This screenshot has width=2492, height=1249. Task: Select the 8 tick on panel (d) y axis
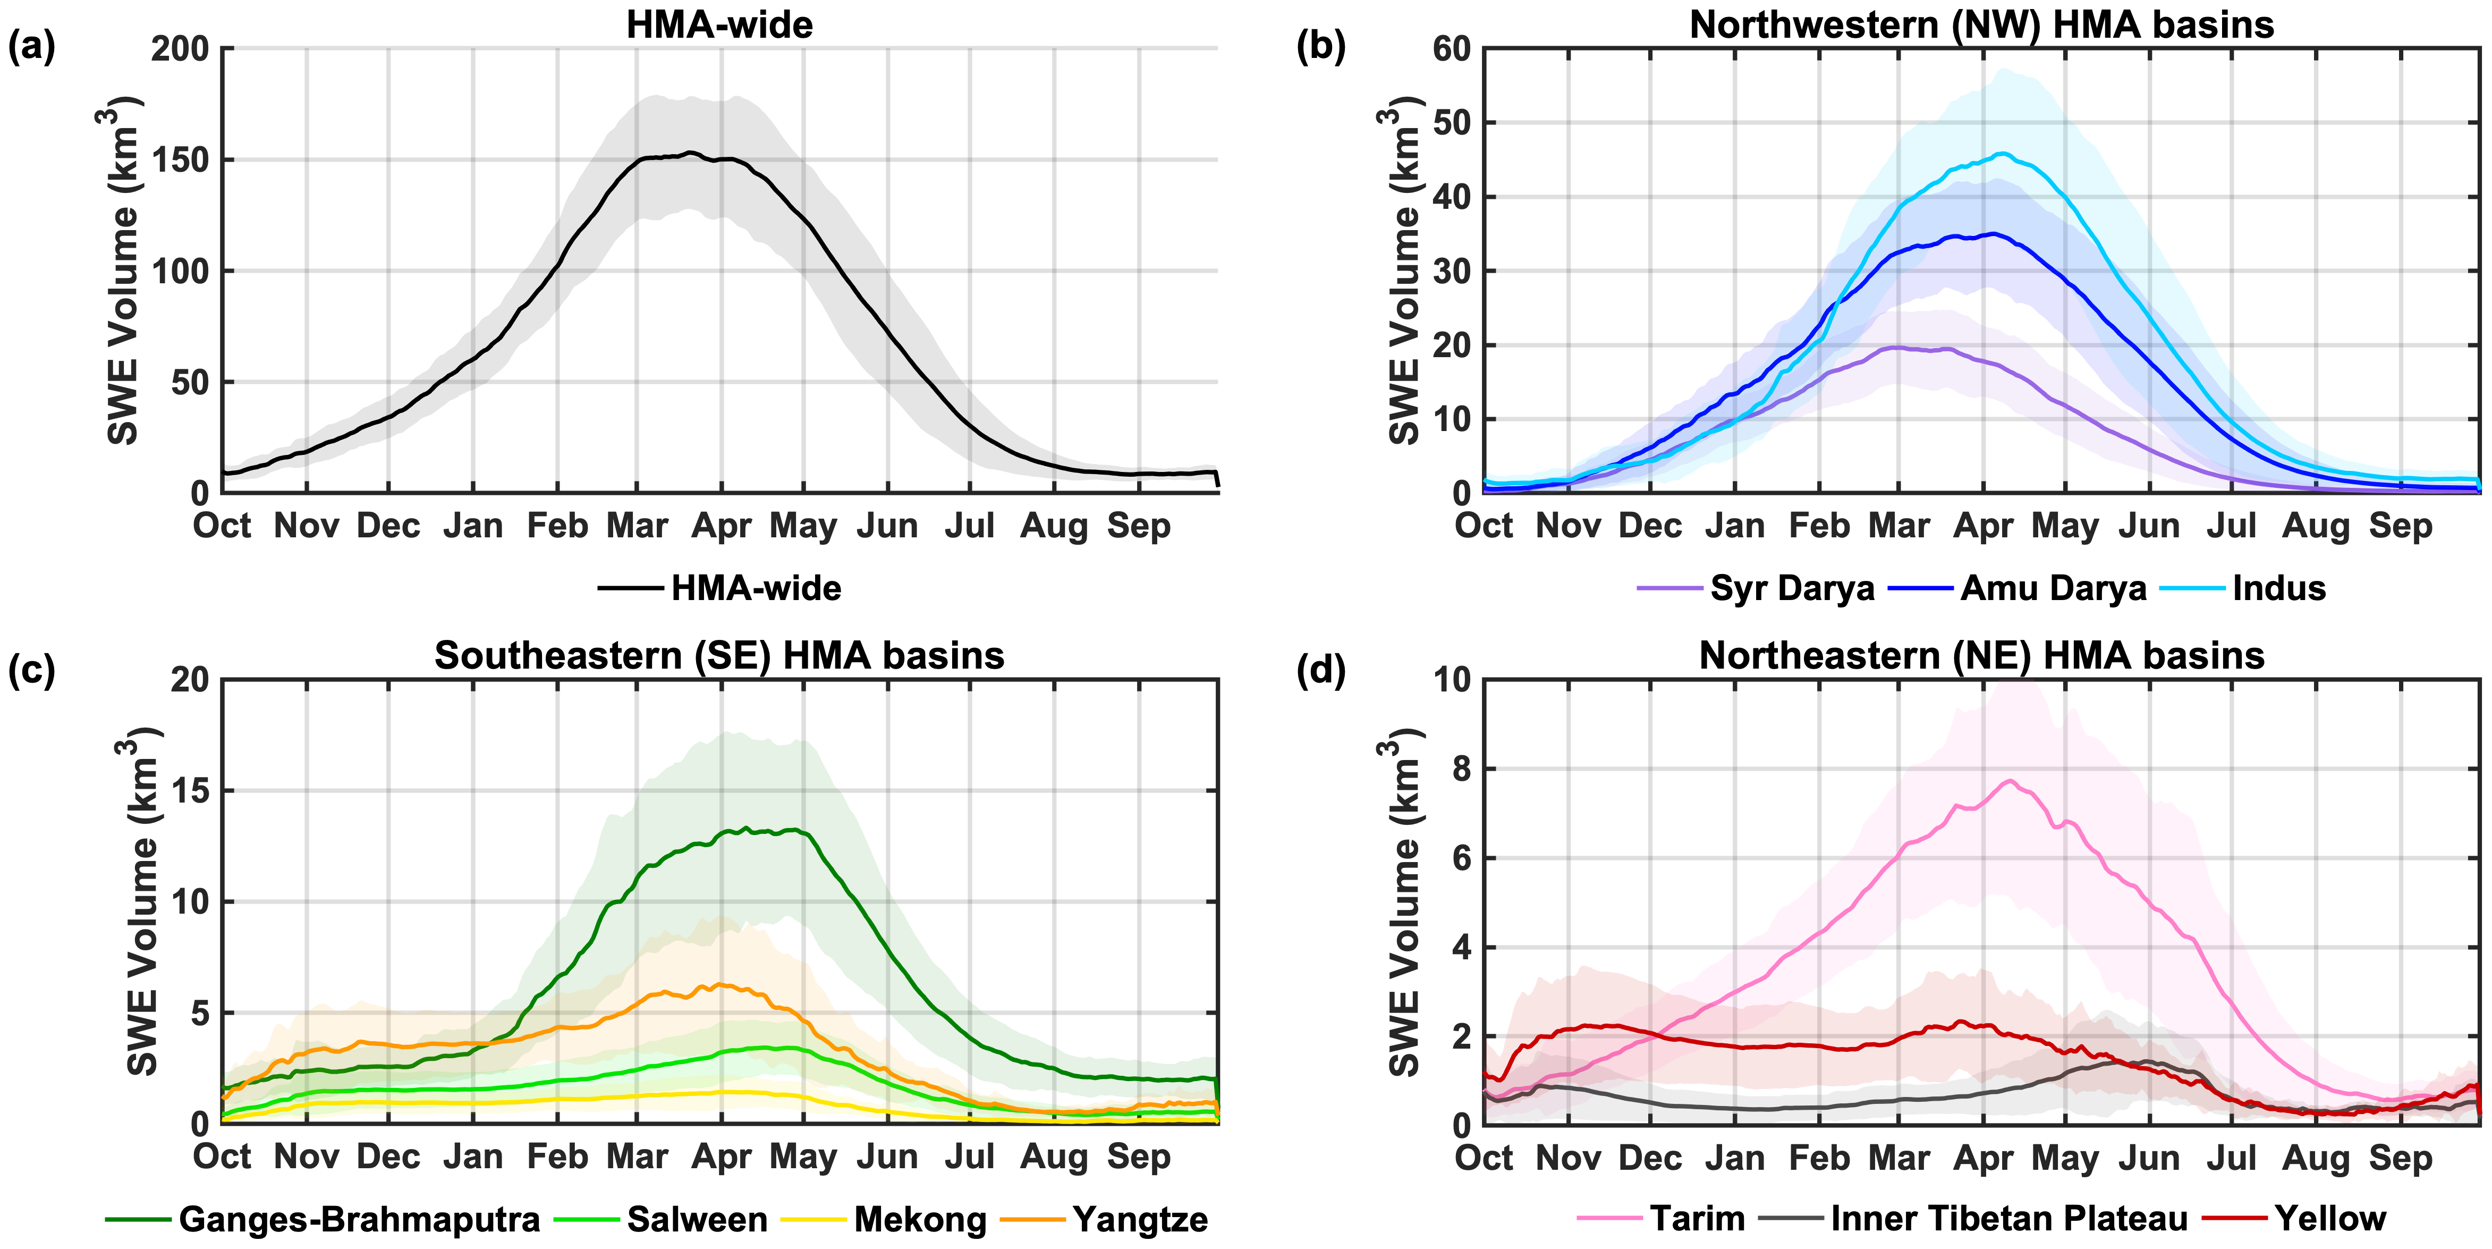coord(1461,769)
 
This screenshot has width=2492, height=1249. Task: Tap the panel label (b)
coord(1320,46)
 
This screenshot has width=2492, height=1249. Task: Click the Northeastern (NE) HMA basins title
coord(1981,656)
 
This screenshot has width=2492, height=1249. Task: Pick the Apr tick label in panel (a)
coord(722,526)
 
